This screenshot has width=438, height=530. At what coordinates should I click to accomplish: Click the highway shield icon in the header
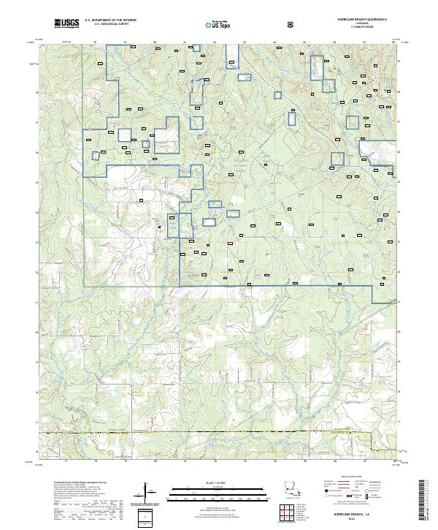(x=292, y=24)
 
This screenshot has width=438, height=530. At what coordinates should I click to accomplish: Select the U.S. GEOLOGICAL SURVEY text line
(x=110, y=25)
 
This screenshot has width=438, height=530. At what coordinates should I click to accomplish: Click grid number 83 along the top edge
(x=244, y=42)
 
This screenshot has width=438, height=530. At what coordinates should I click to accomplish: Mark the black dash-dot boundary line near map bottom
(x=219, y=434)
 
